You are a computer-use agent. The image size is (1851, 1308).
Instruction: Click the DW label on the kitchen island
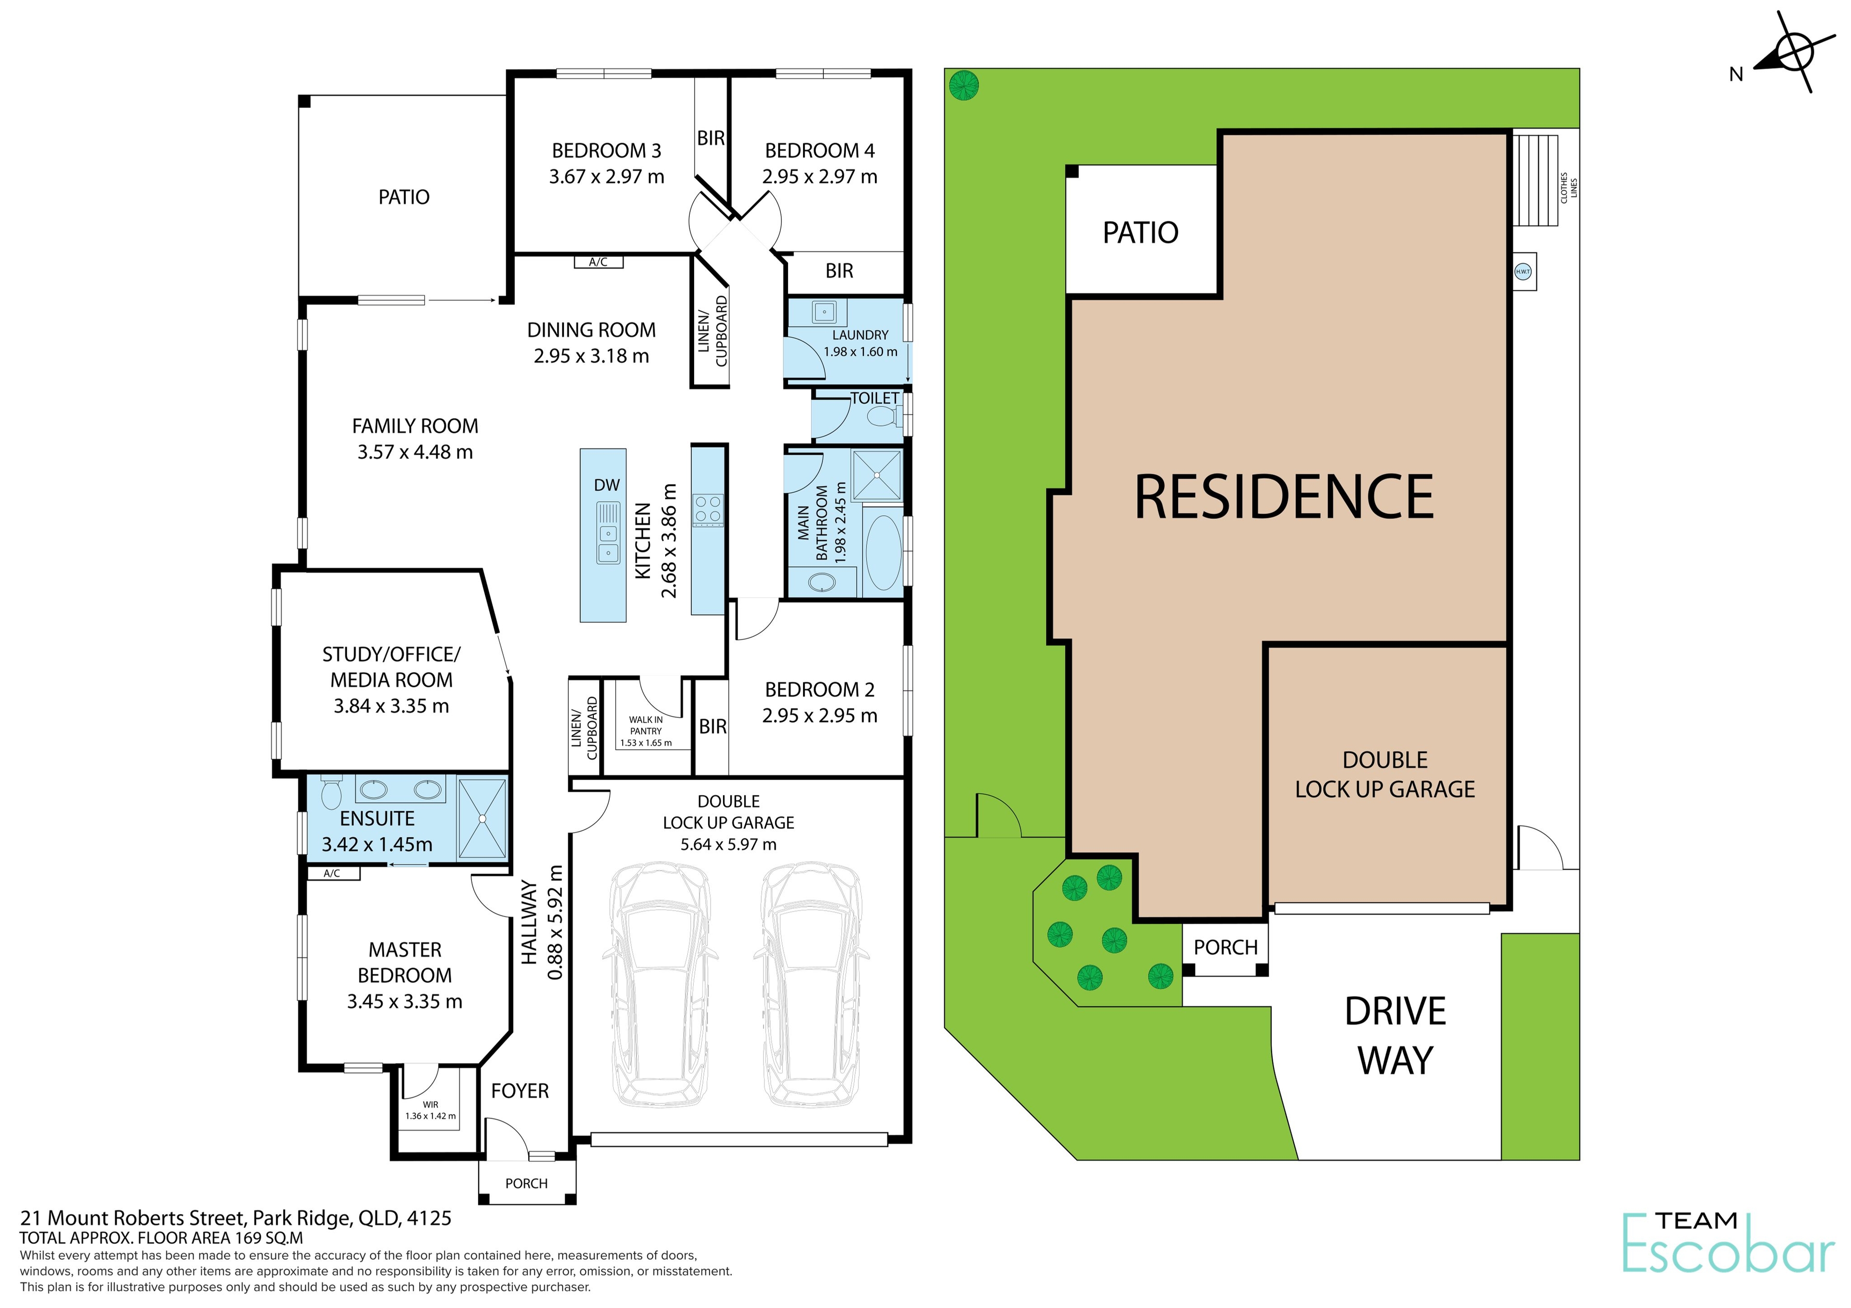[606, 485]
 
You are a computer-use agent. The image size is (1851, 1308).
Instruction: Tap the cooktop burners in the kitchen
[708, 510]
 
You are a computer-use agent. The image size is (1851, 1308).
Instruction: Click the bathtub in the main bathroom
[882, 553]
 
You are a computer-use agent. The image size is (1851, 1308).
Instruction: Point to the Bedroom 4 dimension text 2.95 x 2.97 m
[819, 176]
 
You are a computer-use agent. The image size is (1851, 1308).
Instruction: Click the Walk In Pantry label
[646, 725]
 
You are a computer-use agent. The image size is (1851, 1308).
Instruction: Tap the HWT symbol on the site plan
[1522, 272]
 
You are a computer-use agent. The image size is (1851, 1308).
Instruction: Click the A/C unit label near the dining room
[598, 262]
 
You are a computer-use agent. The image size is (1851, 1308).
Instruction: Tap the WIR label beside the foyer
[430, 1105]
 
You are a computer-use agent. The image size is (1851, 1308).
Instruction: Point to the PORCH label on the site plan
[1225, 947]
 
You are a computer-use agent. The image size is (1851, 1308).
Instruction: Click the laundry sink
[824, 311]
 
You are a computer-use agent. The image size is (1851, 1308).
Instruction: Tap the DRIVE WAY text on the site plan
[1395, 1036]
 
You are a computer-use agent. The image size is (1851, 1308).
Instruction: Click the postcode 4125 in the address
[429, 1218]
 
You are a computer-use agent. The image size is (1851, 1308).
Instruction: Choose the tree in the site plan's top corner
[964, 85]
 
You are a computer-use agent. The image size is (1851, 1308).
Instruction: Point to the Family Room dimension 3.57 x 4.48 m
[415, 452]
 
